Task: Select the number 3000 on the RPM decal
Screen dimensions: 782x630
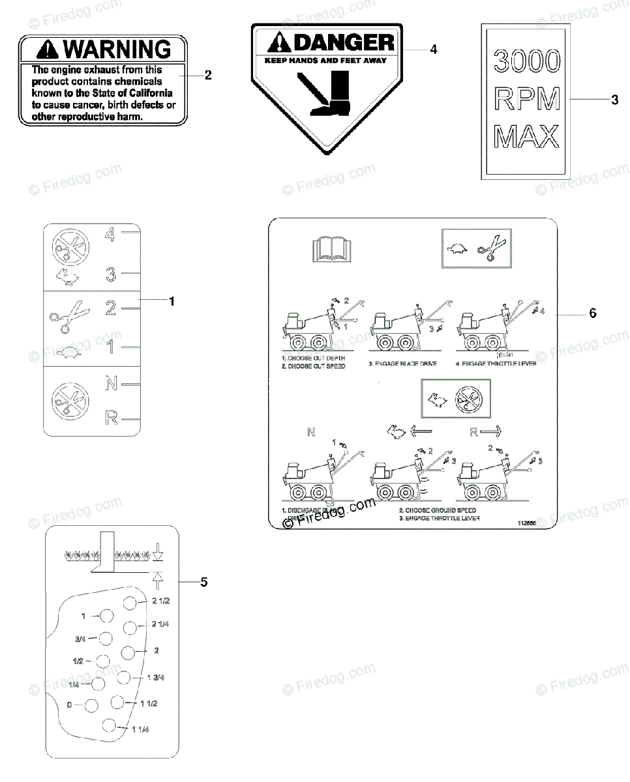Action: (527, 61)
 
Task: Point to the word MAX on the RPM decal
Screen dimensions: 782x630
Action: (527, 137)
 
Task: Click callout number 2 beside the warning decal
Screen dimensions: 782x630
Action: (208, 75)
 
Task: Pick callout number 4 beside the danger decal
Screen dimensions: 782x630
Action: (433, 50)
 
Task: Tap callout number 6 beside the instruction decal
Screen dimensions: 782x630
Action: (593, 313)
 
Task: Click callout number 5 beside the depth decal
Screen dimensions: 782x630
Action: (204, 582)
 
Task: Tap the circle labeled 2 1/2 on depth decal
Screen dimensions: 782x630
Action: (131, 603)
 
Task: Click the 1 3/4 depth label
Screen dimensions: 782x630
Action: (155, 678)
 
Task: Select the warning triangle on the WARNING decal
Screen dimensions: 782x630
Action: (51, 49)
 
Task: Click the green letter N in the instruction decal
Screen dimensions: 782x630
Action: (310, 431)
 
